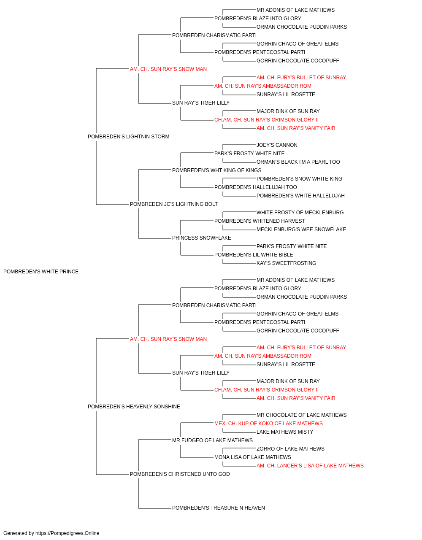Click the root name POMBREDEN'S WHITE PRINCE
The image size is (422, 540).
(41, 272)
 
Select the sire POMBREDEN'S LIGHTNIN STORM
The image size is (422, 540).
(128, 137)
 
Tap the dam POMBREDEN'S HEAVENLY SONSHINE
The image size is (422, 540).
(134, 407)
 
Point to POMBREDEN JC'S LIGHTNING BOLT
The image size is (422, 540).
(174, 204)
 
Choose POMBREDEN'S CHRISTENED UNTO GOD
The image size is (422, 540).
(180, 474)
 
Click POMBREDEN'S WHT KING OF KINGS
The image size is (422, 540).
(217, 170)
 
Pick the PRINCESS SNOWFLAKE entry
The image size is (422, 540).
(202, 238)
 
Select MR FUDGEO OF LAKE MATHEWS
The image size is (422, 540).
(212, 440)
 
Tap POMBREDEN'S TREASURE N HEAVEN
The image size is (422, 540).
(219, 508)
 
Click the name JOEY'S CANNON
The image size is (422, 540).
(277, 145)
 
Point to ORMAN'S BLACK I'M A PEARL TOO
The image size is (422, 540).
(298, 162)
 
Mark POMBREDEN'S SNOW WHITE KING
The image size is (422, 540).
(299, 179)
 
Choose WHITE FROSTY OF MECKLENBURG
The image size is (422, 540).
(300, 213)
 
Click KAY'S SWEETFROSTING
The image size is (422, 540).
(286, 263)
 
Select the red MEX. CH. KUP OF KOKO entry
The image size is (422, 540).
(268, 424)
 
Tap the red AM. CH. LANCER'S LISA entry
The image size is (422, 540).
(310, 466)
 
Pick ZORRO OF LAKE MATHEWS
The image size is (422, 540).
(290, 449)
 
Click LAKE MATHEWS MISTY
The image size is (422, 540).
(285, 432)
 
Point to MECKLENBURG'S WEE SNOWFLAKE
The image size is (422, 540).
(301, 229)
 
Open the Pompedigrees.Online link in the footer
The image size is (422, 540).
(68, 533)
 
